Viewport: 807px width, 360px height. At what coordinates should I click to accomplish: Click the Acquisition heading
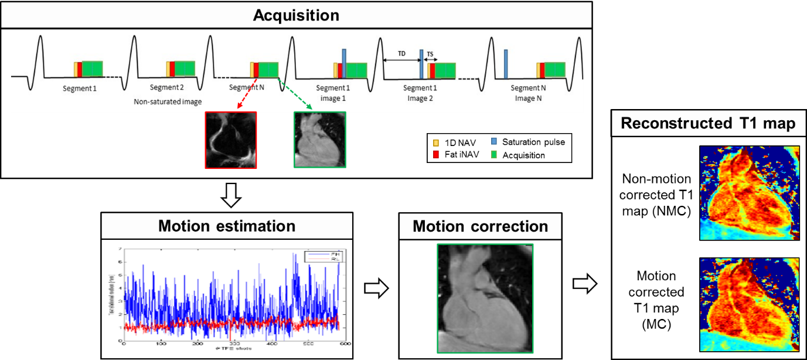tap(296, 15)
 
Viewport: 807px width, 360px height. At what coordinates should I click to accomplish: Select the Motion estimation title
tap(227, 226)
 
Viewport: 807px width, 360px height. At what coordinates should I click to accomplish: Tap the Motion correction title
tap(481, 226)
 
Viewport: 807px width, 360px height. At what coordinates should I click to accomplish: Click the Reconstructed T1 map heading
tap(709, 124)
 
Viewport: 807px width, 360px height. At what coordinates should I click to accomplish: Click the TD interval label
tap(401, 53)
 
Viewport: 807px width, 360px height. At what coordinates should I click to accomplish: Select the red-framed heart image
tap(231, 140)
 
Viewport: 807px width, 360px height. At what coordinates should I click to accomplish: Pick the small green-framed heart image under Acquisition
tap(320, 140)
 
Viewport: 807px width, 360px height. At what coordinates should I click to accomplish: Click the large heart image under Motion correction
tap(484, 298)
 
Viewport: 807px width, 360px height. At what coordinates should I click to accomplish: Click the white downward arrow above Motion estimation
tap(231, 196)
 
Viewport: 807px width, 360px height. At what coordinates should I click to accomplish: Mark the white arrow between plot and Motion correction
tap(376, 288)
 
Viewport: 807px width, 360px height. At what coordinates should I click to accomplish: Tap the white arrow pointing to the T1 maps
tap(584, 284)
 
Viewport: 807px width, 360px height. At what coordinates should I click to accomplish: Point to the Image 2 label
tap(420, 99)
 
